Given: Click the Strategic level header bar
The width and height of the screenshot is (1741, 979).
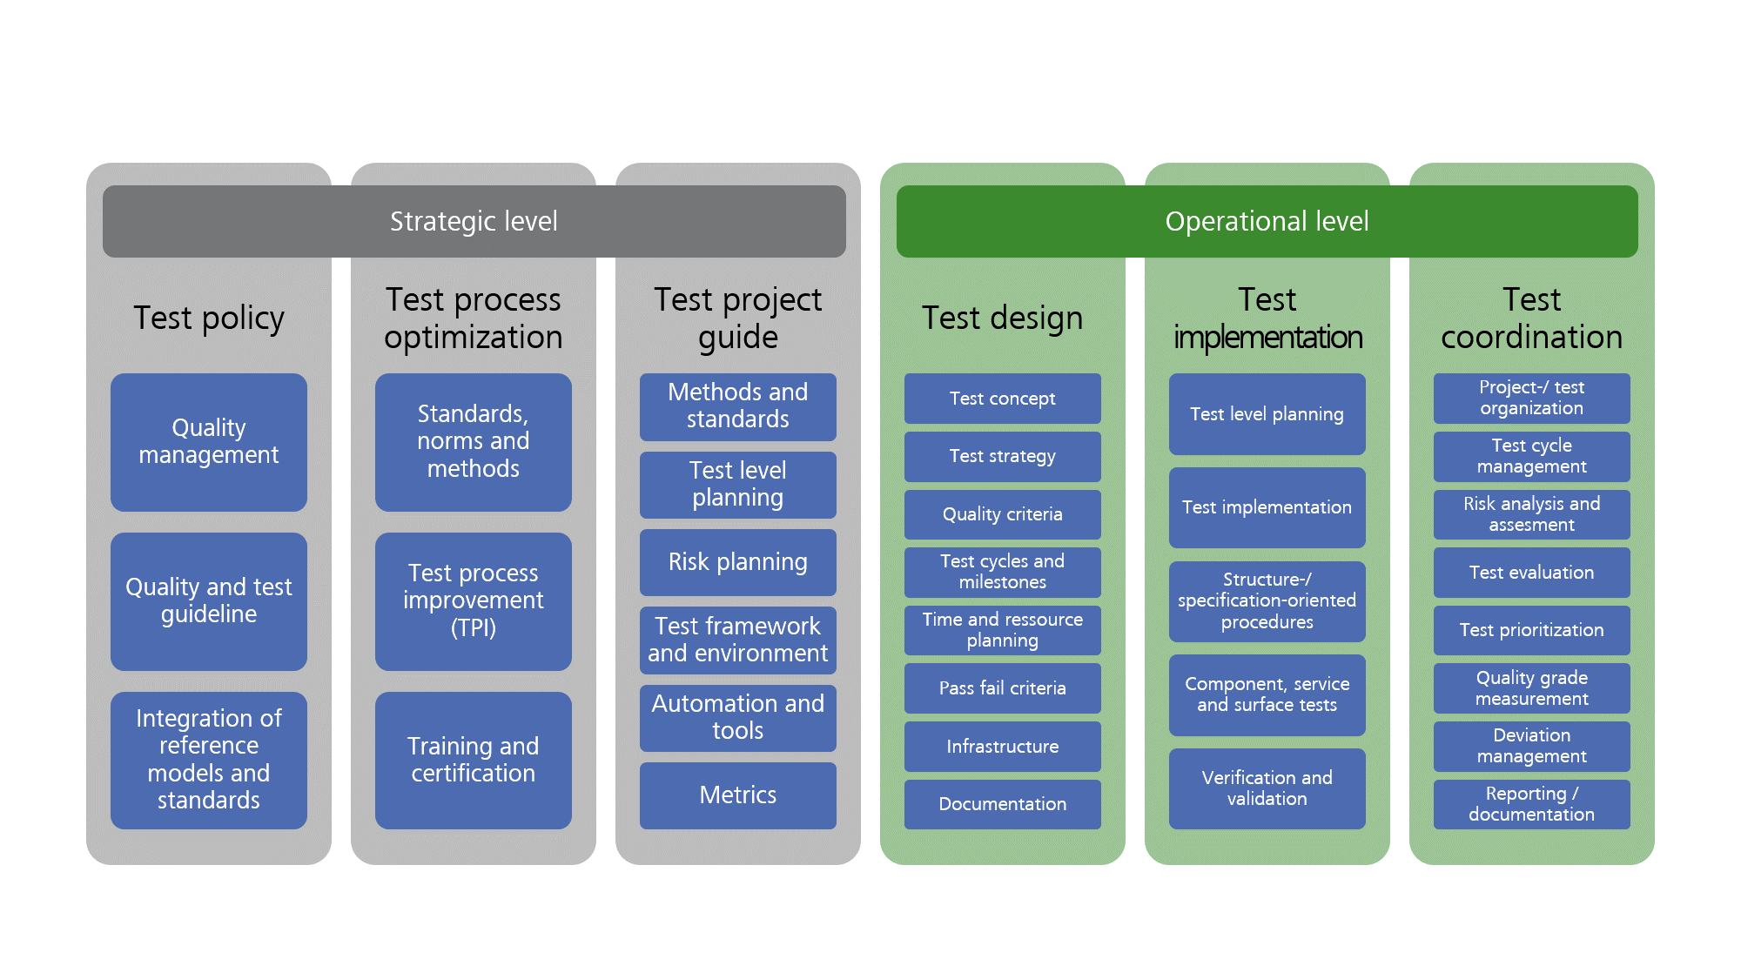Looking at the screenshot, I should (x=474, y=221).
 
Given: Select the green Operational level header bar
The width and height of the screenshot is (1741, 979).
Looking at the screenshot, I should (x=1267, y=221).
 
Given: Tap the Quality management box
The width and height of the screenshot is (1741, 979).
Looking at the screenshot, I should (x=209, y=442).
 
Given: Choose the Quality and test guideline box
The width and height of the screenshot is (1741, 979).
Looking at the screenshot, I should (x=209, y=600).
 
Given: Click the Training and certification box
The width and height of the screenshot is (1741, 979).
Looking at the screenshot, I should (x=474, y=760).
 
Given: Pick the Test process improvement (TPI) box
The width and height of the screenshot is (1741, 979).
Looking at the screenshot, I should (x=474, y=600).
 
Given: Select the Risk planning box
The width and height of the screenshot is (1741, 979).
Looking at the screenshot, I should (x=737, y=562).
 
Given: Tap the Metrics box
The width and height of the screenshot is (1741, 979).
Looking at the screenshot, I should (x=737, y=795).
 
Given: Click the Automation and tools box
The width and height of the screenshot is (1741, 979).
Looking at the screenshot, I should (x=737, y=717).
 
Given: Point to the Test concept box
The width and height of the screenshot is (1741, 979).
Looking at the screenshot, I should (x=1002, y=399).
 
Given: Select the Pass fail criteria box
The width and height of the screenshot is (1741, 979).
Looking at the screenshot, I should (x=1002, y=688).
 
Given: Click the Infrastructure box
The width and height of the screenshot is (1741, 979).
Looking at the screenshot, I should (x=1002, y=747).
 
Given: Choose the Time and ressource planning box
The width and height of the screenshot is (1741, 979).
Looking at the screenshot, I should (x=1002, y=630).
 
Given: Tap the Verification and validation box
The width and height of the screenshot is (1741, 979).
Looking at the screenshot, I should (x=1267, y=788).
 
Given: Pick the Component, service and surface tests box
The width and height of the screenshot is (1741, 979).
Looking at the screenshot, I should (x=1267, y=694).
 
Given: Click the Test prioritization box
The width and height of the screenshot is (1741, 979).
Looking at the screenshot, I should (x=1531, y=630).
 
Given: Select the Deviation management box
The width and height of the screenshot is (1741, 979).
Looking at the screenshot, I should (x=1531, y=747).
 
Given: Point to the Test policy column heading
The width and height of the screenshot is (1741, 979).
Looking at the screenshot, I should (x=209, y=319).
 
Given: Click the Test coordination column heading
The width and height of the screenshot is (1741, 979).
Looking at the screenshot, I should (x=1531, y=319).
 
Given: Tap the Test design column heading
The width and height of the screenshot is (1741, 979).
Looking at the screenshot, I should (x=1002, y=319).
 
